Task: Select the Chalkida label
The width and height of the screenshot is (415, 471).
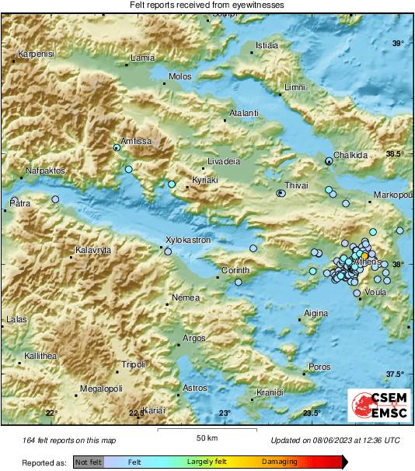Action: [350, 155]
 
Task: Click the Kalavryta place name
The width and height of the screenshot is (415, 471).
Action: [93, 251]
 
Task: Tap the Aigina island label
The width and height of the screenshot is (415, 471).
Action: [316, 313]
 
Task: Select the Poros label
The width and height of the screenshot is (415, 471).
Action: [319, 366]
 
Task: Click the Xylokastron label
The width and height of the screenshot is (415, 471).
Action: [189, 241]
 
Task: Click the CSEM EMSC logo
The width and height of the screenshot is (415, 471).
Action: [378, 406]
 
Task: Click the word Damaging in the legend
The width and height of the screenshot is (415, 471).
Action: [279, 462]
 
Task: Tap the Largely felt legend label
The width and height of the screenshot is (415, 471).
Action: [206, 462]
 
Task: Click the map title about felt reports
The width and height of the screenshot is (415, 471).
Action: [207, 5]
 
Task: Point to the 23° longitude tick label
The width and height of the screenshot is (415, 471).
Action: [225, 413]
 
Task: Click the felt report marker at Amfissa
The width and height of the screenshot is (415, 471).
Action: [117, 147]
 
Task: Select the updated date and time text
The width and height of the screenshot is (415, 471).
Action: [335, 441]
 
